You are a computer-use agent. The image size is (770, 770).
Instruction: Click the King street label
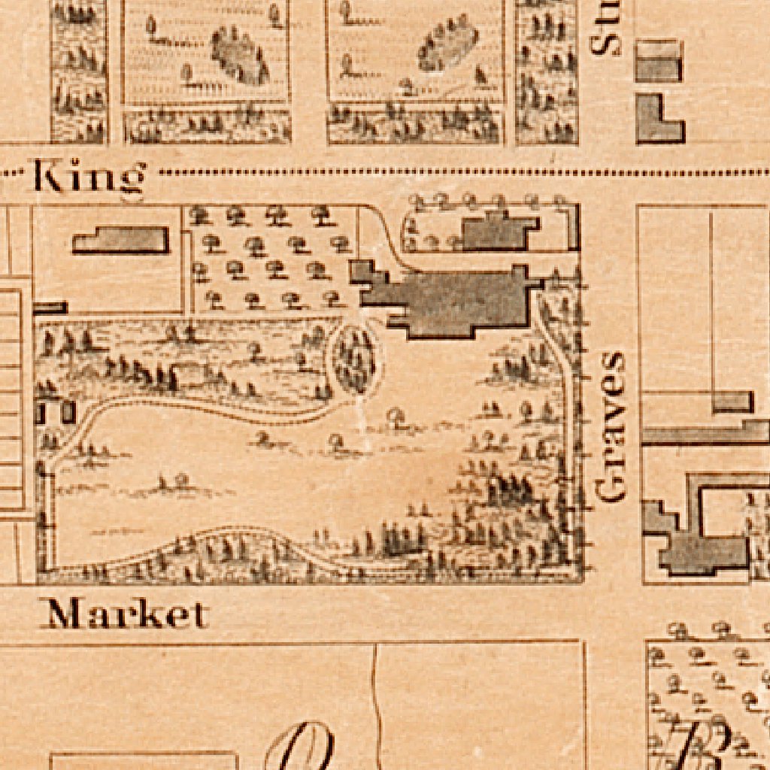88,178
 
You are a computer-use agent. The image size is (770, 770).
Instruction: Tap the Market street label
125,614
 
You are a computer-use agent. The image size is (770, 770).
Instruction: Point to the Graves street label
610,426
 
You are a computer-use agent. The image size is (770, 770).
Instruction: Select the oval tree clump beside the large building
355,359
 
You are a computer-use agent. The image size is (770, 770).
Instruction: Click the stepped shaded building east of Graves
692,534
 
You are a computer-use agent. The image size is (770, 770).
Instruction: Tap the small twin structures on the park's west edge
57,411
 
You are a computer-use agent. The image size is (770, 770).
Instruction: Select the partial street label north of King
606,29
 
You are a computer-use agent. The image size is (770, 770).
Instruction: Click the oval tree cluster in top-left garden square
240,54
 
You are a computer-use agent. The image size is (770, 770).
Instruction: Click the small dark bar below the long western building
50,308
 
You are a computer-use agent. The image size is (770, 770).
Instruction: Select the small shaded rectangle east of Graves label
732,402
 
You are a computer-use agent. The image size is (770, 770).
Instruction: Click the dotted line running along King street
451,173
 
